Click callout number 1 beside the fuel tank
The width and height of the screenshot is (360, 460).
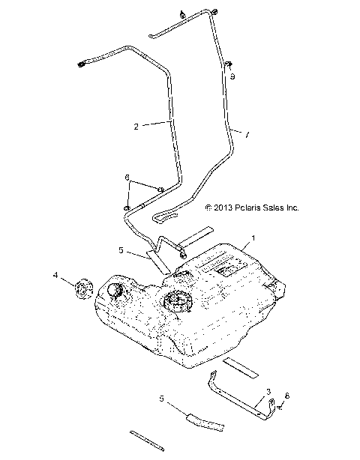(253, 237)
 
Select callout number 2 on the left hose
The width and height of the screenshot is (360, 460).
(136, 127)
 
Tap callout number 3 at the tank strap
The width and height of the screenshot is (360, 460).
(268, 391)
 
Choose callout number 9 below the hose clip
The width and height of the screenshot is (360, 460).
(232, 77)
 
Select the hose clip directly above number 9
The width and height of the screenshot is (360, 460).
(226, 65)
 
